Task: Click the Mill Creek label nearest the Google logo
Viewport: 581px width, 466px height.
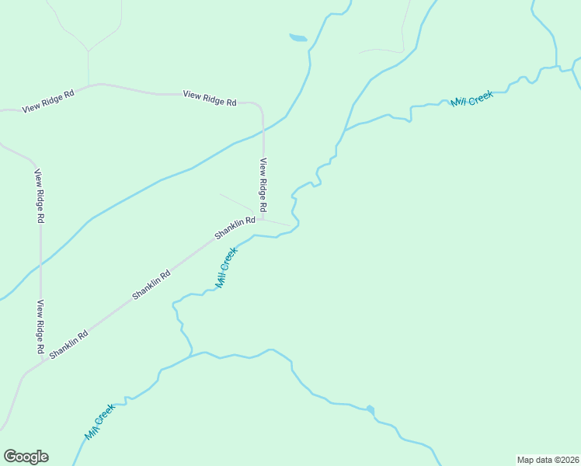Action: tap(100, 422)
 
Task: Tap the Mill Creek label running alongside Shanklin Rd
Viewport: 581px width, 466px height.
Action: tap(226, 268)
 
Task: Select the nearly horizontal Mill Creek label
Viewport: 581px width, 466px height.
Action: tap(472, 99)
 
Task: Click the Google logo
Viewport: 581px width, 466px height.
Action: tap(26, 457)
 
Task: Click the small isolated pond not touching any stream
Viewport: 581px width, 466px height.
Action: tap(298, 37)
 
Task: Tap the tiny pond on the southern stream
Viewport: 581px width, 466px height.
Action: tap(371, 409)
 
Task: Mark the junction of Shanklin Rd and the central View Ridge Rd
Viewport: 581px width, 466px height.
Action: tap(263, 219)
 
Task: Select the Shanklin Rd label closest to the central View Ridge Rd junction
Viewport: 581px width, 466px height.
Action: tap(235, 227)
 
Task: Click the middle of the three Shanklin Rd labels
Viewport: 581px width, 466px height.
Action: tap(151, 284)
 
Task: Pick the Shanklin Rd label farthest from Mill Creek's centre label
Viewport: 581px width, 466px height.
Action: tap(68, 344)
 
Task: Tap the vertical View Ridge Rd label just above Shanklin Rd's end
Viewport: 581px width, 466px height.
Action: tap(263, 186)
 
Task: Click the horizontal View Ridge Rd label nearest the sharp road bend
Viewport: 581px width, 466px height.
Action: tap(210, 98)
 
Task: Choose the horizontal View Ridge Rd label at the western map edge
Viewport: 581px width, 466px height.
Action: tap(48, 101)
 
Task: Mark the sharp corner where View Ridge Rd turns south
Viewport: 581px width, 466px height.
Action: tap(261, 106)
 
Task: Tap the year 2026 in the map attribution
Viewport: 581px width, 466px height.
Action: tap(567, 460)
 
